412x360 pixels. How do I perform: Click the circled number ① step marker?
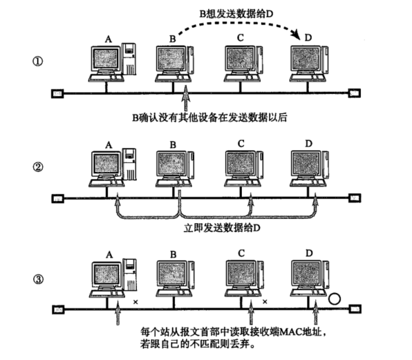[39, 61]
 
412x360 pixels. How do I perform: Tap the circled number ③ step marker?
[39, 280]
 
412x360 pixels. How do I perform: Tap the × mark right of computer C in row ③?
[265, 301]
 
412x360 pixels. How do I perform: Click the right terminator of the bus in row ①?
[355, 92]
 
